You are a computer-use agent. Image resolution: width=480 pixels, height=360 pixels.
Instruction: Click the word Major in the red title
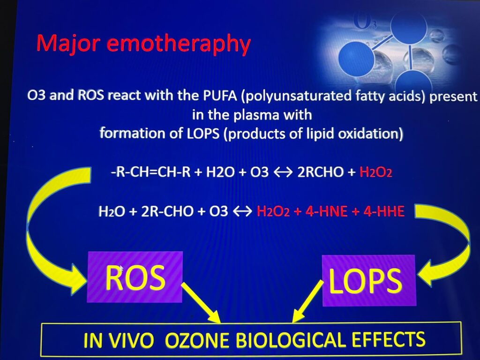click(x=68, y=44)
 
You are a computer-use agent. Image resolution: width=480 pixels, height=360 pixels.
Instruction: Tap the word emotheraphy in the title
click(x=179, y=44)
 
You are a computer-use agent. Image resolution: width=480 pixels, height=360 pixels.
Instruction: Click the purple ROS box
click(x=135, y=277)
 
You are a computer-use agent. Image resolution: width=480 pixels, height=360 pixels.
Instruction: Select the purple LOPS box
click(x=369, y=280)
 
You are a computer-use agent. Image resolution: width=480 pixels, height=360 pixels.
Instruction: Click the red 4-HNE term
click(x=326, y=211)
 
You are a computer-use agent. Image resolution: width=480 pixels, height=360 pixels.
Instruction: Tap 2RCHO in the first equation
click(x=321, y=172)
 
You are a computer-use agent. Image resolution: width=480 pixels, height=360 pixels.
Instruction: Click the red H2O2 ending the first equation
click(x=376, y=172)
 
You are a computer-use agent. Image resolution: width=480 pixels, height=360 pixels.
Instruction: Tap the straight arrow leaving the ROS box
click(x=201, y=303)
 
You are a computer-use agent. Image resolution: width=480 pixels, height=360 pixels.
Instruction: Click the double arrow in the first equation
click(x=283, y=172)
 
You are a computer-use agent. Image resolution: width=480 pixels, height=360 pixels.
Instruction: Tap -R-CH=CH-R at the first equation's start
click(x=150, y=172)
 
